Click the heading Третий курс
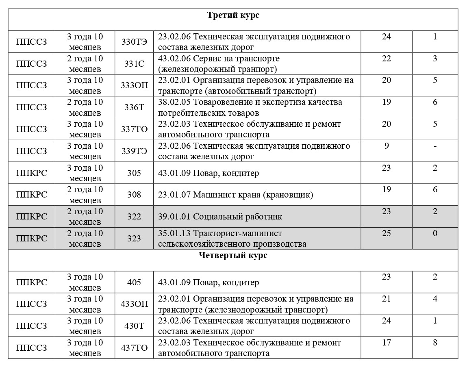(x=233, y=15)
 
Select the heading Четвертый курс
(x=233, y=256)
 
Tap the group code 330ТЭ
(x=134, y=41)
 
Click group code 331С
(x=134, y=63)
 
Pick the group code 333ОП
(x=134, y=85)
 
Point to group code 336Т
(x=134, y=107)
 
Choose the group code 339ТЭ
(x=134, y=151)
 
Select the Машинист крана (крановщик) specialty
(x=236, y=195)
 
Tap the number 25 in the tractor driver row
(x=387, y=233)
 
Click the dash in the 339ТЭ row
(x=435, y=146)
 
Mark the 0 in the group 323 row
(x=435, y=233)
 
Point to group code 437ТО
(x=134, y=348)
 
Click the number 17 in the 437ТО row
(x=387, y=343)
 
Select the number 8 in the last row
(x=435, y=343)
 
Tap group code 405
(x=134, y=282)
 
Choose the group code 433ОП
(x=134, y=304)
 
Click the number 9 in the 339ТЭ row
(x=387, y=146)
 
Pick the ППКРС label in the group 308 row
(x=31, y=195)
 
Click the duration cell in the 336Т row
(x=85, y=107)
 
